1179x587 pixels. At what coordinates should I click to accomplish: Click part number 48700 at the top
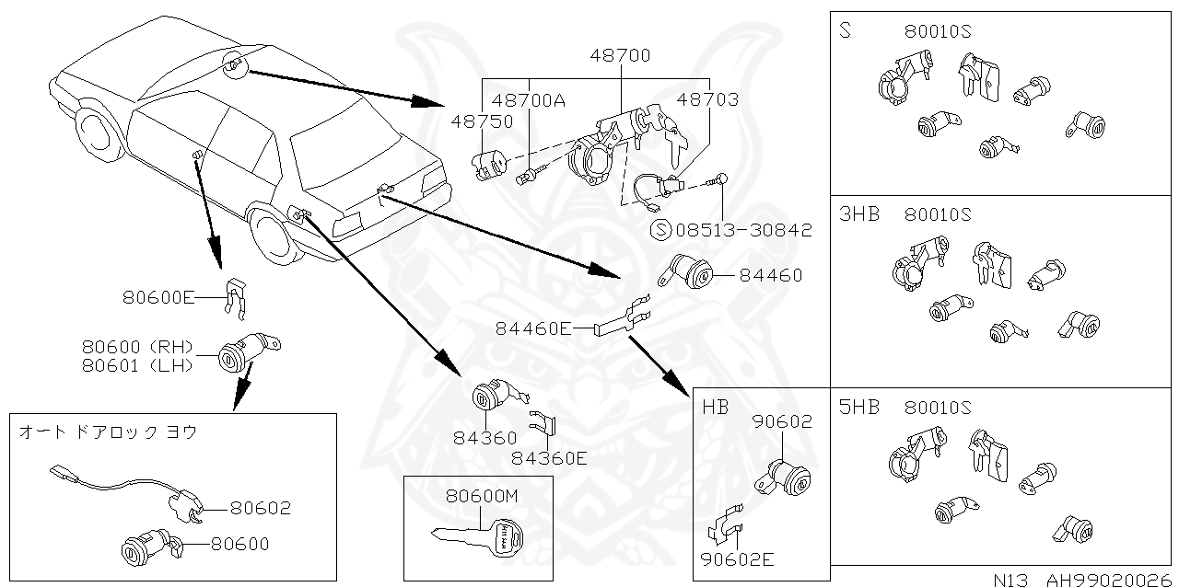pos(620,55)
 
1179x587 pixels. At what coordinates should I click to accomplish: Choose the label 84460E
pos(533,328)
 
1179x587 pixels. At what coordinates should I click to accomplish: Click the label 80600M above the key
pos(483,496)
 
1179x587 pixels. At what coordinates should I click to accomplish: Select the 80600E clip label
pos(158,297)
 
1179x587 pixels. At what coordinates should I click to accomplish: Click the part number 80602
pos(260,507)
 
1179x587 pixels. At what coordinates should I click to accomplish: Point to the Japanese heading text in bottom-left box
pos(108,431)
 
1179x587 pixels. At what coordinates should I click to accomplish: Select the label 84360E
pos(549,457)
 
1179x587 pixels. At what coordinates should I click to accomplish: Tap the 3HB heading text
pos(858,214)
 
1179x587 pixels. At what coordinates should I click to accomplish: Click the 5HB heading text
pos(858,407)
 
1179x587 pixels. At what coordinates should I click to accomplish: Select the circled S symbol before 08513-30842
pos(660,230)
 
